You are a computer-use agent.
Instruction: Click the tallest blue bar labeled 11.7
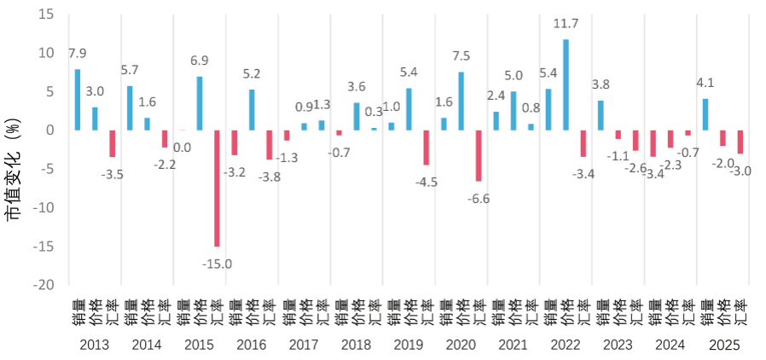pyautogui.click(x=566, y=85)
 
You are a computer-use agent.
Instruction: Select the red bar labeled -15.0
pyautogui.click(x=217, y=188)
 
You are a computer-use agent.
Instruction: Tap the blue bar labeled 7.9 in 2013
pyautogui.click(x=78, y=100)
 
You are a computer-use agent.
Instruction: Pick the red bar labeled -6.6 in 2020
pyautogui.click(x=479, y=155)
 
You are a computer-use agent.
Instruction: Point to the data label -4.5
pyautogui.click(x=426, y=181)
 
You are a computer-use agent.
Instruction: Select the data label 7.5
pyautogui.click(x=461, y=55)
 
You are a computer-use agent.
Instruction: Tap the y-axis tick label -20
pyautogui.click(x=43, y=285)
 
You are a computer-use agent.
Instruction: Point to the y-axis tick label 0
pyautogui.click(x=50, y=131)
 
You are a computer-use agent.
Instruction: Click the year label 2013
pyautogui.click(x=94, y=345)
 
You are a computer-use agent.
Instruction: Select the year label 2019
pyautogui.click(x=409, y=345)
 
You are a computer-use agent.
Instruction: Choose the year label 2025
pyautogui.click(x=723, y=345)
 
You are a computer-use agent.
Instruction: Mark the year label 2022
pyautogui.click(x=566, y=345)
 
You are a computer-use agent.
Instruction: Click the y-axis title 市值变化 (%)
pyautogui.click(x=15, y=171)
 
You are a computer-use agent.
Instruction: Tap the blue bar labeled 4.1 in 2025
pyautogui.click(x=705, y=114)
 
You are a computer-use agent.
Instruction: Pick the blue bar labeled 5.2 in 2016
pyautogui.click(x=252, y=110)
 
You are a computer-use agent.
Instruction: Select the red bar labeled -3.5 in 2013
pyautogui.click(x=113, y=143)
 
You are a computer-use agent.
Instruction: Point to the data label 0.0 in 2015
pyautogui.click(x=182, y=147)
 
